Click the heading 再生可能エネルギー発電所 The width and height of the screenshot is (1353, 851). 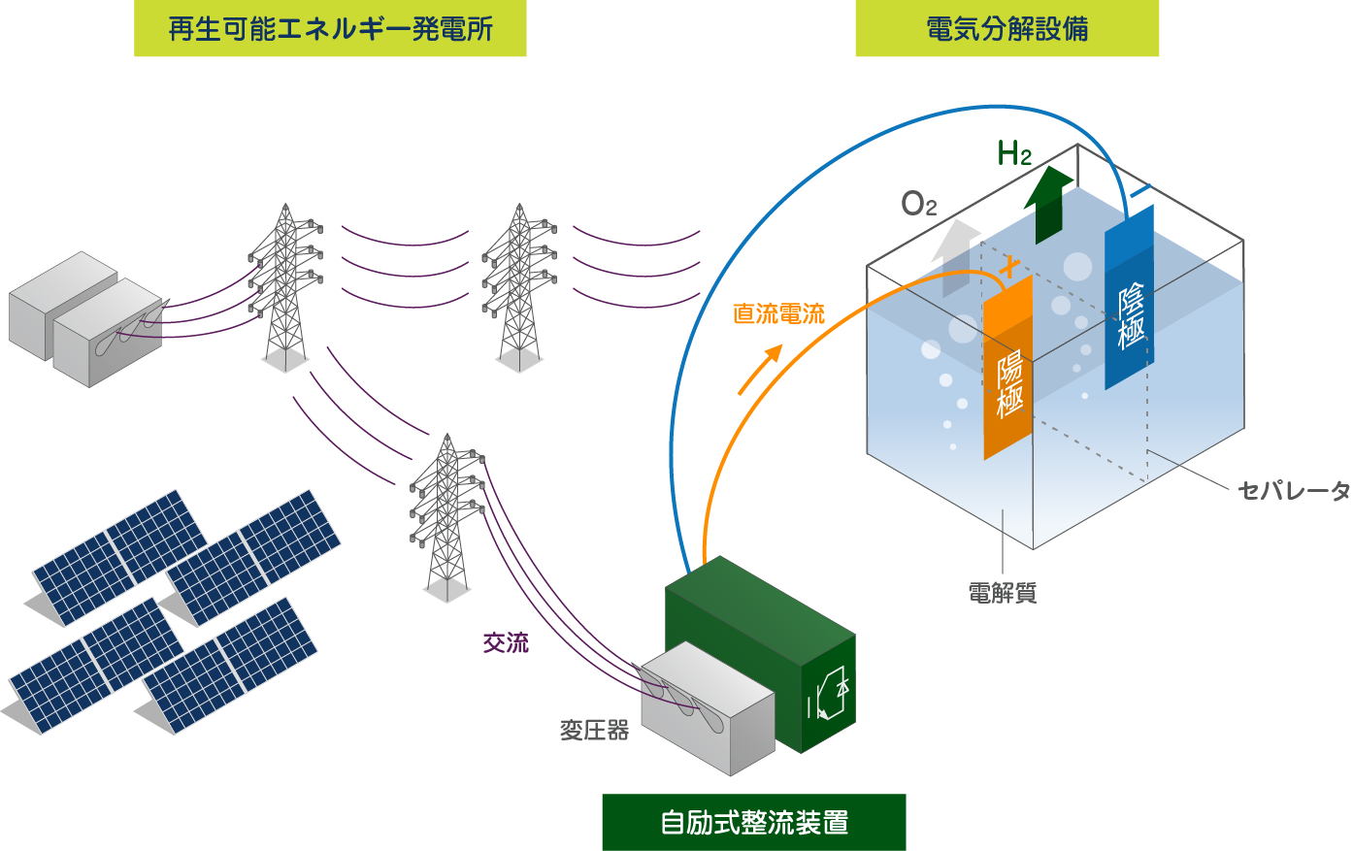point(330,29)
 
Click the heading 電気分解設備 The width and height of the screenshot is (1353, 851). point(1006,29)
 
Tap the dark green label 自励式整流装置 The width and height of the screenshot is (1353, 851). point(754,823)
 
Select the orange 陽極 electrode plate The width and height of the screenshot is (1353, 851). point(1008,369)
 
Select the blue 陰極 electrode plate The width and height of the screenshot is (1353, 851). point(1130,301)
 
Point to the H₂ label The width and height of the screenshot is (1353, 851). point(1013,153)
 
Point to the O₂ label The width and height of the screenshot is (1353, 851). point(918,204)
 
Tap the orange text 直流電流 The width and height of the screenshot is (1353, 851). point(778,313)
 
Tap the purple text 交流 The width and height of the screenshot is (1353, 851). point(506,642)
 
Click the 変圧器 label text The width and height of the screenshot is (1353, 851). point(594,730)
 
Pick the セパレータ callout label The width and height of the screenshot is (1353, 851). point(1294,491)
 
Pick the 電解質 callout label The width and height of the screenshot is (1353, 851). point(1003,593)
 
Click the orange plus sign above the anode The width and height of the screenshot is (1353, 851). point(1010,265)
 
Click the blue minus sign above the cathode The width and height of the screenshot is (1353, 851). point(1140,189)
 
